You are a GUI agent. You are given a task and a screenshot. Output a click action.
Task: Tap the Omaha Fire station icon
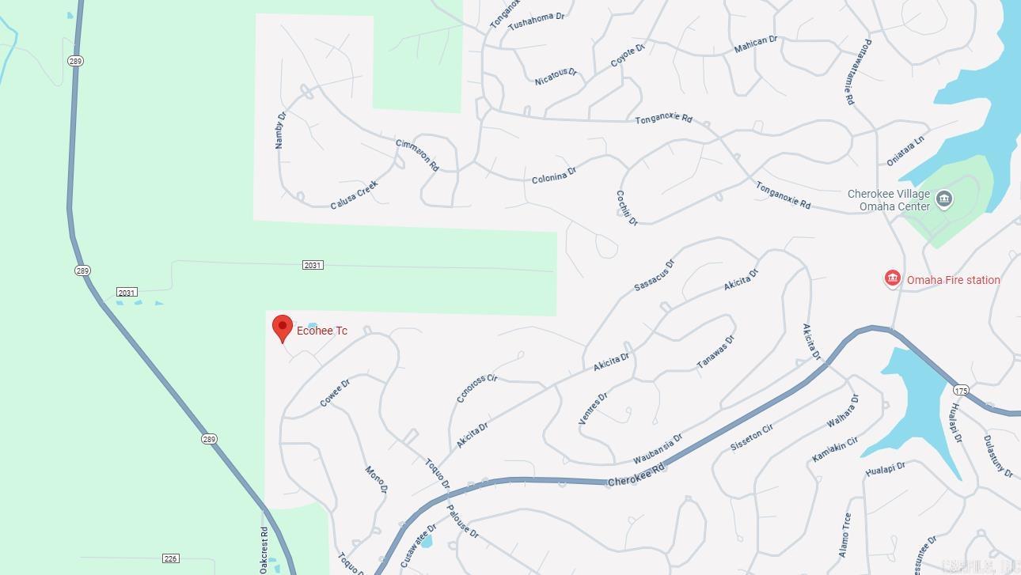(x=892, y=278)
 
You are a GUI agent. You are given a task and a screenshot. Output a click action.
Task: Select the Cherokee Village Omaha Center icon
(x=943, y=199)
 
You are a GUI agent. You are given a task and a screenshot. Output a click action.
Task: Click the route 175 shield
(x=961, y=391)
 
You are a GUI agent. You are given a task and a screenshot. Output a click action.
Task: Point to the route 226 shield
(x=170, y=558)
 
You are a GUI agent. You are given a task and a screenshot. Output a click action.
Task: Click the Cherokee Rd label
(x=636, y=477)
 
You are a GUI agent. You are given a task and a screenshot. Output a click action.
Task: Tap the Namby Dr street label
(x=280, y=130)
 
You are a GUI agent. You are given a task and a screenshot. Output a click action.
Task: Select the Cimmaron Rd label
(x=417, y=155)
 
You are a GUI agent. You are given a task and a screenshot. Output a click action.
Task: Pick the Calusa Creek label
(x=354, y=195)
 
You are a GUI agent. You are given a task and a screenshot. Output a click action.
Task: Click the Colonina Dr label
(x=554, y=175)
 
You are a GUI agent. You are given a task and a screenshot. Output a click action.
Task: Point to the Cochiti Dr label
(x=627, y=207)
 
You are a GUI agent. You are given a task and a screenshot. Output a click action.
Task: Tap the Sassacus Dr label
(x=654, y=275)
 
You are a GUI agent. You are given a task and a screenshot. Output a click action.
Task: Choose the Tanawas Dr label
(x=715, y=351)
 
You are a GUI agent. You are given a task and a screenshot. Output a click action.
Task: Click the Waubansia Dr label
(x=658, y=449)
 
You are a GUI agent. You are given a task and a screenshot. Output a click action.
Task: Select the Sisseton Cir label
(x=751, y=437)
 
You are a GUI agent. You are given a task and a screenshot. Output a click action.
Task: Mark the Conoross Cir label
(x=477, y=388)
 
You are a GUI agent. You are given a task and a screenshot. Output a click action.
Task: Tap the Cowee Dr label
(x=335, y=393)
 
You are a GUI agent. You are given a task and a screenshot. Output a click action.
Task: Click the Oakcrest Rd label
(x=264, y=550)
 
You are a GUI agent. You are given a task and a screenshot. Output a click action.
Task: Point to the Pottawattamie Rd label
(x=857, y=72)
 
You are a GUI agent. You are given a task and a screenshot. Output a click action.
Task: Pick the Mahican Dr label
(x=755, y=44)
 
